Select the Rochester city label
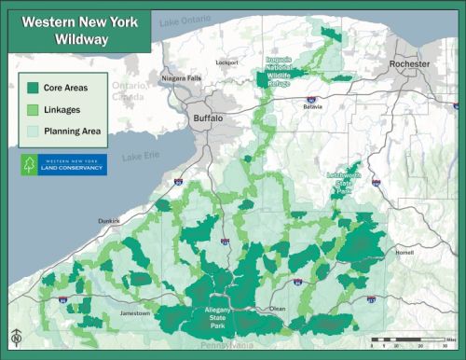(410, 63)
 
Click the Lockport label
(227, 62)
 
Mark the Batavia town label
(312, 106)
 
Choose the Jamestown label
(136, 313)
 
